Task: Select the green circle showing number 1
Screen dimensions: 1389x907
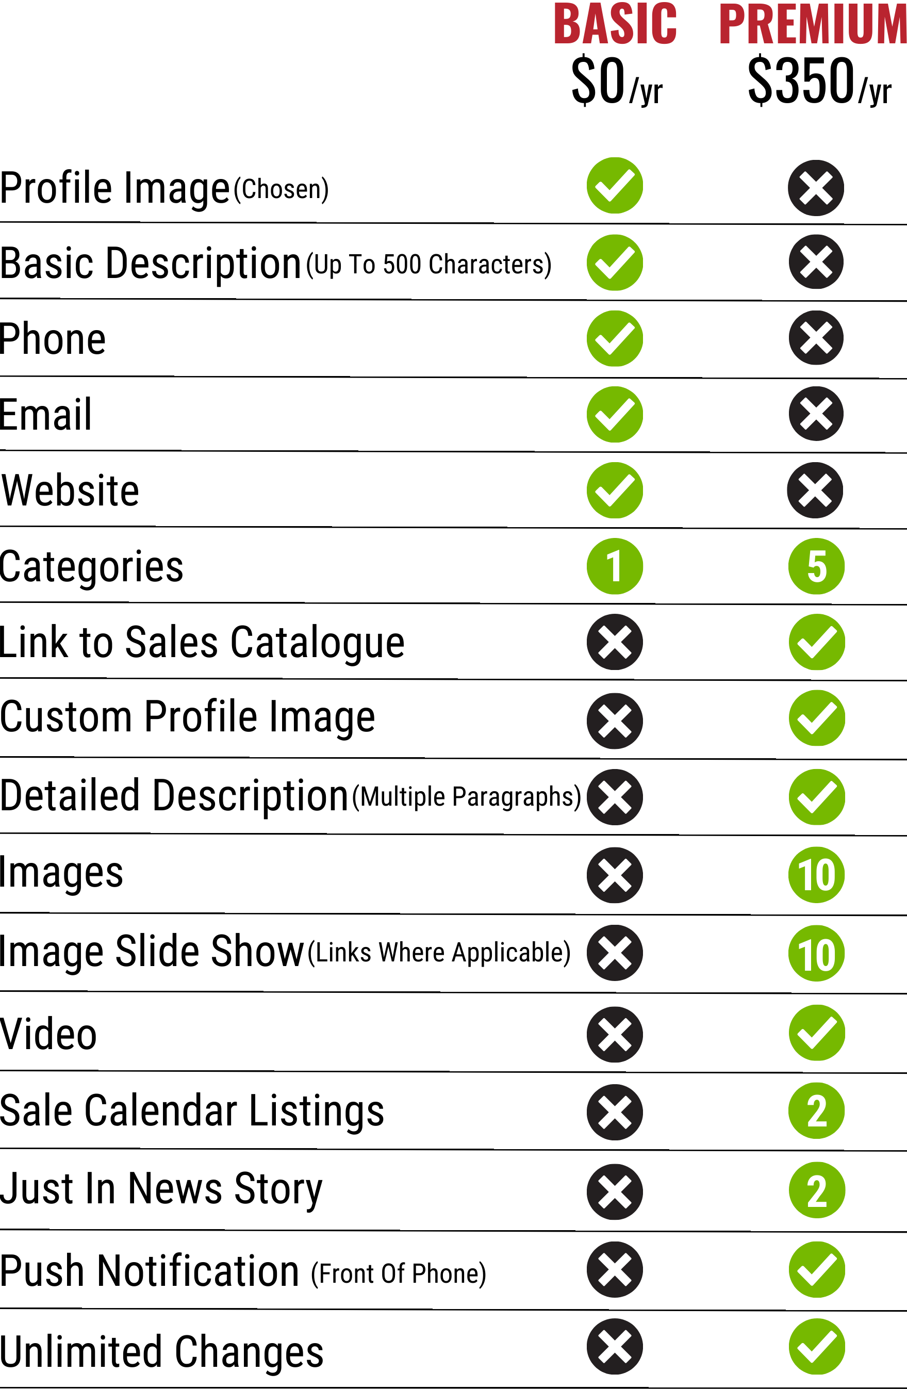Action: tap(615, 566)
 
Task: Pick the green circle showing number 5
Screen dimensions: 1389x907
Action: tap(817, 566)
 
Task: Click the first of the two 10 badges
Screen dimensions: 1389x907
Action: tap(817, 875)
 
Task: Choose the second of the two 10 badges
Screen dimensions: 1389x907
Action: tap(817, 953)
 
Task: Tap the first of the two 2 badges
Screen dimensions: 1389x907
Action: tap(817, 1110)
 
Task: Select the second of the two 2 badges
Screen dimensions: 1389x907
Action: tap(817, 1190)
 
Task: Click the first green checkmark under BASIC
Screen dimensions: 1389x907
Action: tap(615, 186)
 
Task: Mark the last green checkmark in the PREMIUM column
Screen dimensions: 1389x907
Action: tap(817, 1346)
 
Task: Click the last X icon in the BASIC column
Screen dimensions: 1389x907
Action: tap(615, 1346)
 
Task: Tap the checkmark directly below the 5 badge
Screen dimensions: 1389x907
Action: tap(817, 642)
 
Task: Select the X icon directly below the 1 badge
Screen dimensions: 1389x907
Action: tap(615, 642)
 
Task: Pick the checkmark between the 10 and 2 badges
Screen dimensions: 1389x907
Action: tap(817, 1033)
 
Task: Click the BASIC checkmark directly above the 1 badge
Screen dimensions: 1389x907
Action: tap(615, 490)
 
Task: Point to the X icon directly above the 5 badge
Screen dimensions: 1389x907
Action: tap(815, 490)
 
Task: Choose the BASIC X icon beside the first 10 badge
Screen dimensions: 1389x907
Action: tap(615, 875)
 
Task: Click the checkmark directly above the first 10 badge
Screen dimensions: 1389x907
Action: tap(817, 797)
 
